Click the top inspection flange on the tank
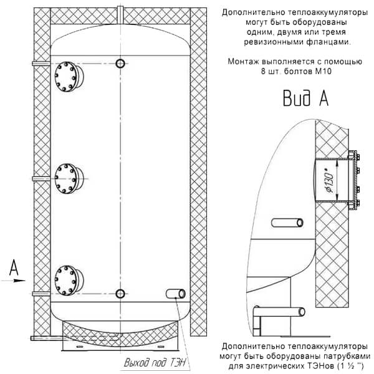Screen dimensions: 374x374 pyautogui.click(x=69, y=77)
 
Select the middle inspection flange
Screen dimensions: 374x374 pyautogui.click(x=69, y=178)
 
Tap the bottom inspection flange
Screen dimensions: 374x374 pyautogui.click(x=69, y=280)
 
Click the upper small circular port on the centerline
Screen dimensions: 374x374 pyautogui.click(x=120, y=64)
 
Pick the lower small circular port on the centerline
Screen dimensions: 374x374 pyautogui.click(x=120, y=294)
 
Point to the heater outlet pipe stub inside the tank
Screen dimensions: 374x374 pyautogui.click(x=176, y=294)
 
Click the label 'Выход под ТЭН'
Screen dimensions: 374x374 pyautogui.click(x=155, y=363)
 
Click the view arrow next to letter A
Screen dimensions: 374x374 pyautogui.click(x=13, y=280)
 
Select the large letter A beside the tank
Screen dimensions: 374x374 pyautogui.click(x=14, y=267)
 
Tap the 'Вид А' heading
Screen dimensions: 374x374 pyautogui.click(x=305, y=98)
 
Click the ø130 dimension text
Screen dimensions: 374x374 pyautogui.click(x=330, y=180)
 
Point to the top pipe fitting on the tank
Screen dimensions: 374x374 pyautogui.click(x=120, y=15)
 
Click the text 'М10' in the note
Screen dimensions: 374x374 pyautogui.click(x=323, y=71)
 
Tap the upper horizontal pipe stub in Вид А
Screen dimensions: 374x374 pyautogui.click(x=287, y=223)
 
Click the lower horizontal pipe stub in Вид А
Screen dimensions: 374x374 pyautogui.click(x=279, y=312)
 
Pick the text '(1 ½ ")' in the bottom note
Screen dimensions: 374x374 pyautogui.click(x=350, y=366)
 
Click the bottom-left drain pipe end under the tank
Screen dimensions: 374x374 pyautogui.click(x=32, y=338)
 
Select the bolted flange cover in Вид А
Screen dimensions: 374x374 pyautogui.click(x=354, y=180)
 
